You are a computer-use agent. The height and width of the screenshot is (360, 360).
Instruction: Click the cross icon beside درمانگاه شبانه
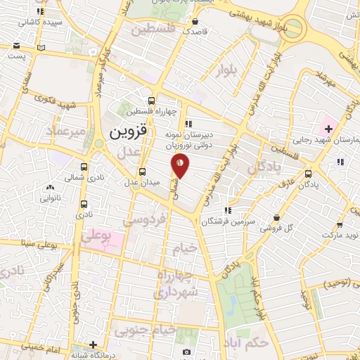(94, 345)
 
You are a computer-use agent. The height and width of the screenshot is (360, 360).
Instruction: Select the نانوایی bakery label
(50, 198)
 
